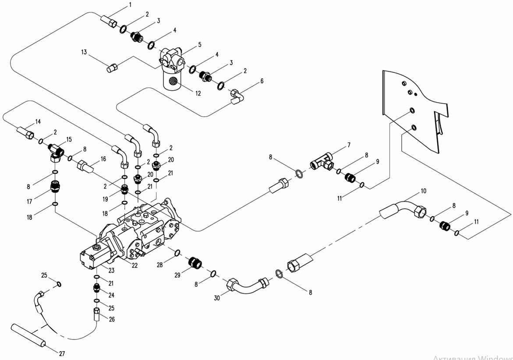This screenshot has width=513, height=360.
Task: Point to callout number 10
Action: (x=423, y=191)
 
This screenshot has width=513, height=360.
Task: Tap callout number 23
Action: (x=112, y=270)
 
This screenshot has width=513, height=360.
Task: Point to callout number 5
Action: (x=199, y=44)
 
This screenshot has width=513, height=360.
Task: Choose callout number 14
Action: (x=38, y=121)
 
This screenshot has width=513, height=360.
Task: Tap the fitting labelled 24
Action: (x=97, y=289)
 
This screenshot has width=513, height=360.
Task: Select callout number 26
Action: (x=112, y=319)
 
